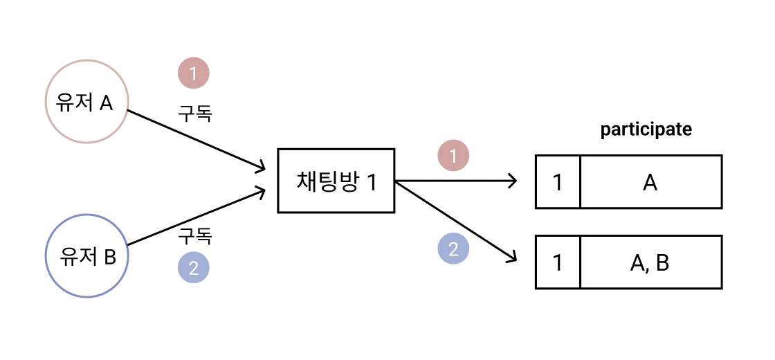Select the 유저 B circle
pos(86,256)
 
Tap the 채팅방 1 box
pos(336,181)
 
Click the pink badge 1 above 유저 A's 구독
pos(194,73)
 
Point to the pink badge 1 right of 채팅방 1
pos(453,156)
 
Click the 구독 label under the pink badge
pos(195,112)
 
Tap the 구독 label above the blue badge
pos(195,237)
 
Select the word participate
pos(646,129)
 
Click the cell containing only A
pos(650,182)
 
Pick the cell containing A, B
pos(650,262)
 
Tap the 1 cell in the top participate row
pos(558,182)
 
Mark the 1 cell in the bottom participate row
pos(558,262)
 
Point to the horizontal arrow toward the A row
pos(457,181)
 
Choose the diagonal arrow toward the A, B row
pos(457,221)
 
